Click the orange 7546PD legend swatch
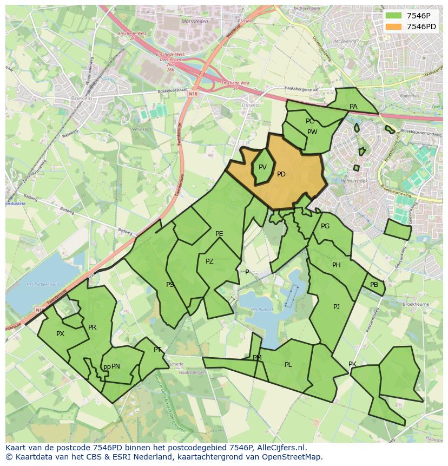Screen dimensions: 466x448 394,27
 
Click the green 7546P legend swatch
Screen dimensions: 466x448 394,16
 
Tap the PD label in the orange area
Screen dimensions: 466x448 281,174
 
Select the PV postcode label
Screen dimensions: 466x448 262,167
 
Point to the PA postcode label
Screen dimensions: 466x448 353,107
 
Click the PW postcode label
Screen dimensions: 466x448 312,132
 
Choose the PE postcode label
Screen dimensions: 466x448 219,234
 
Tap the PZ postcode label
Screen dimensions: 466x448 209,261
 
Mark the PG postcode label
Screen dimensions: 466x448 325,226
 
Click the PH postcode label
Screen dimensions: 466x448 337,265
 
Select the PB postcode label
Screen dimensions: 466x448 374,285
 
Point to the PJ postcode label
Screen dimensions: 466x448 337,307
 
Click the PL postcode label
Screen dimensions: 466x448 288,365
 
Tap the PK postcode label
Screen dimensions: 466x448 352,364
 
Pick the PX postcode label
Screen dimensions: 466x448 60,334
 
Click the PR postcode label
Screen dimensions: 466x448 92,327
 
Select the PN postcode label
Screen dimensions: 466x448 116,366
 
